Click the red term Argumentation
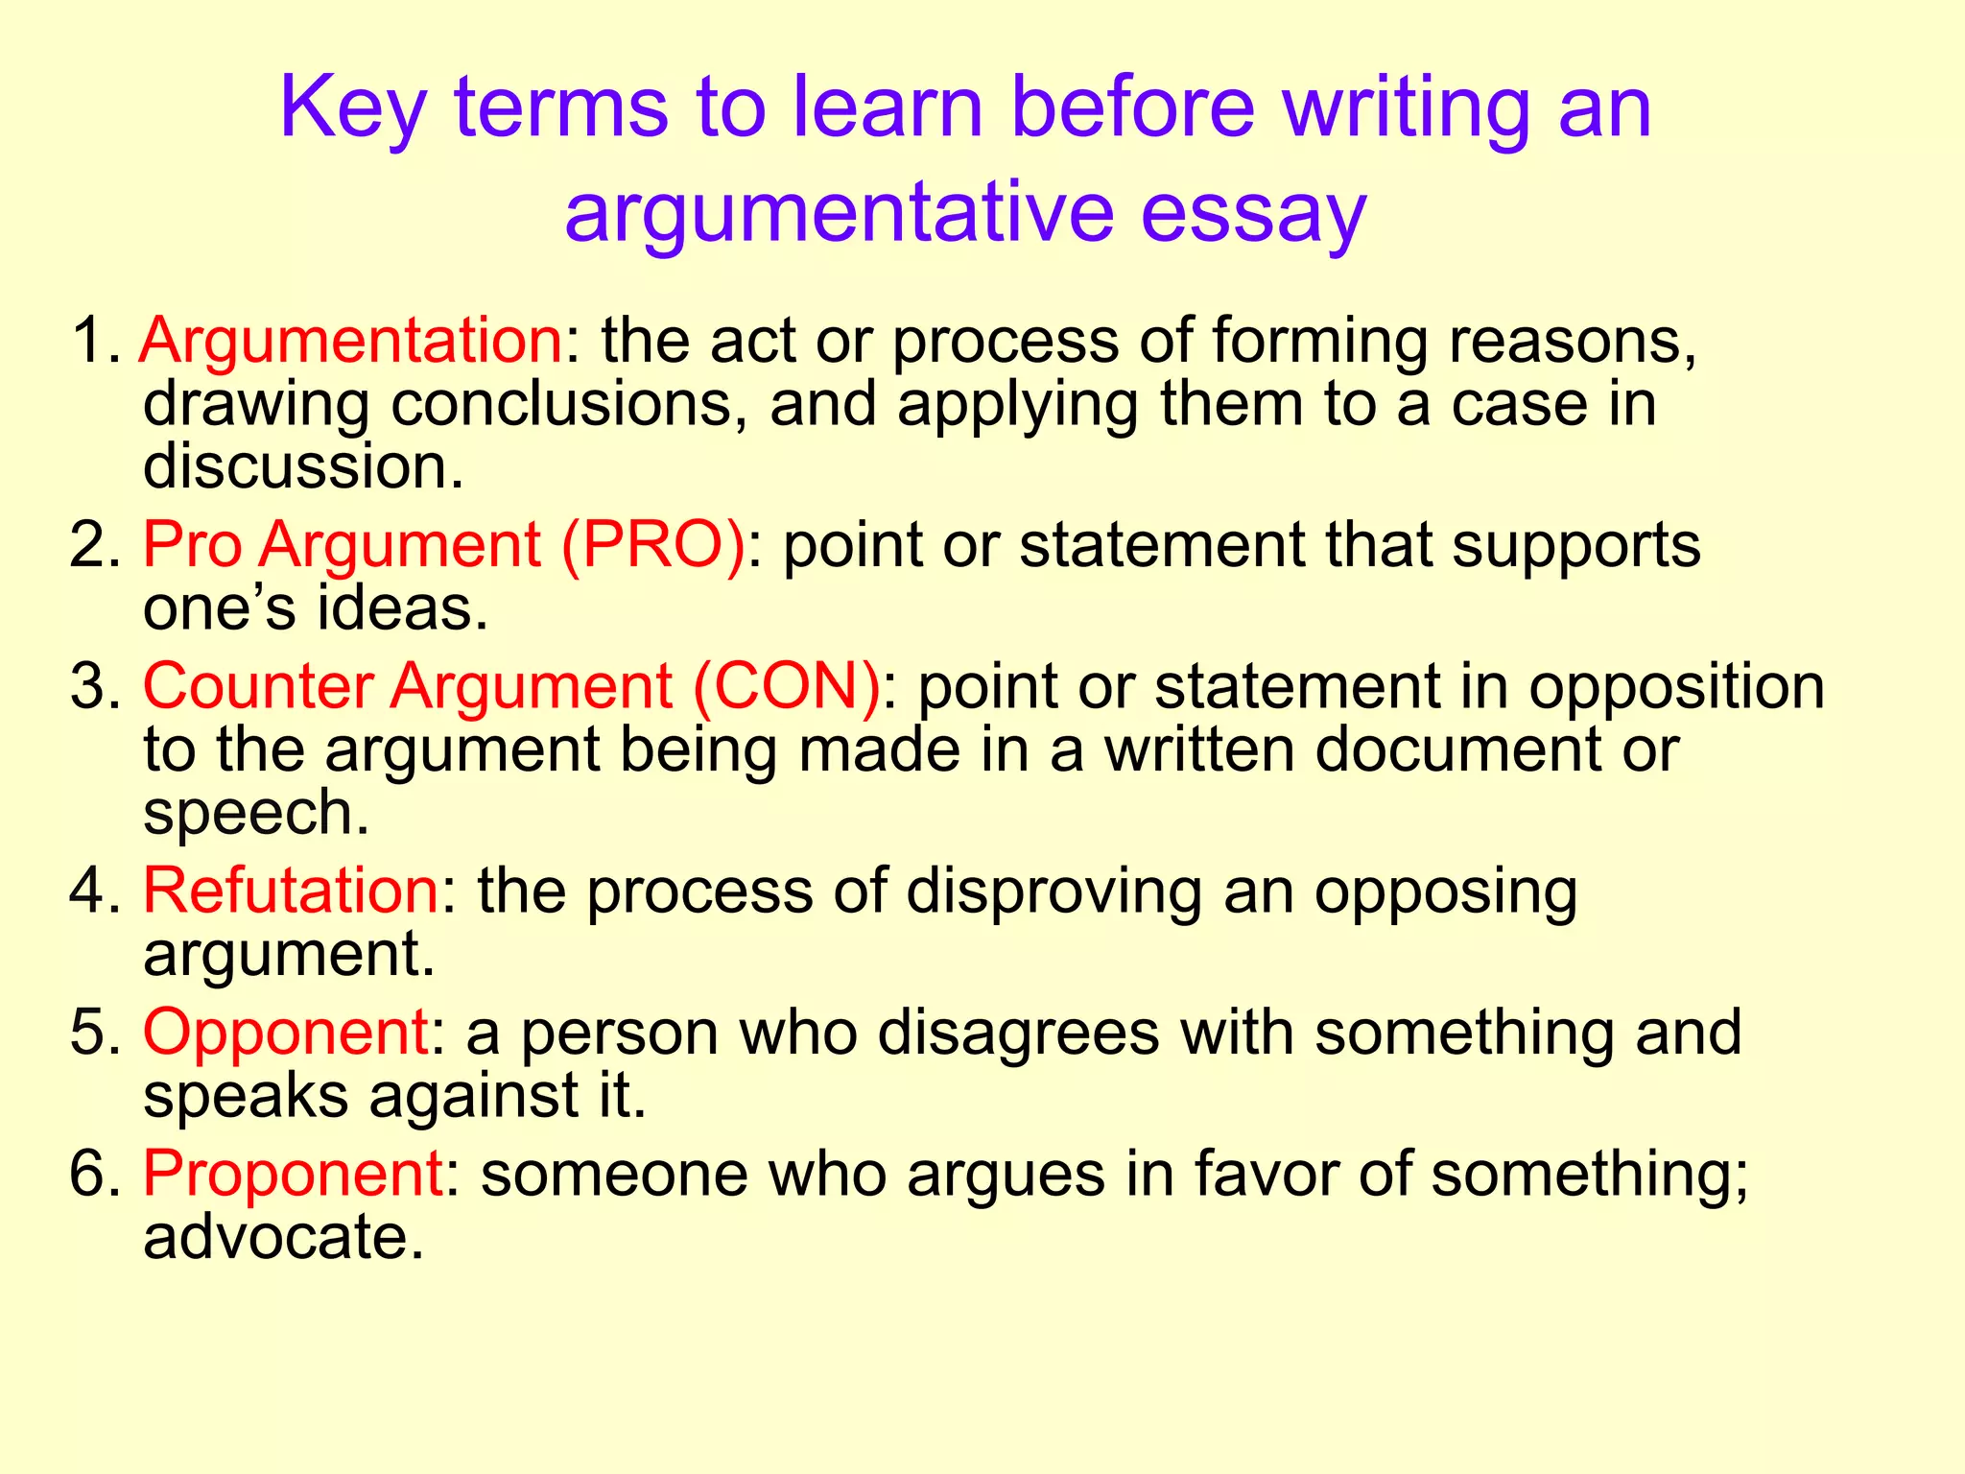[x=351, y=341]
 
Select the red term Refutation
[x=291, y=891]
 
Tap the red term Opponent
[x=286, y=1033]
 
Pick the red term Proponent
[x=293, y=1174]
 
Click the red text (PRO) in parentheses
[x=653, y=545]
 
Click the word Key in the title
[x=352, y=108]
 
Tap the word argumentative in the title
[x=839, y=212]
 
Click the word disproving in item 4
[x=1054, y=891]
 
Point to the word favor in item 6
[x=1266, y=1174]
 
